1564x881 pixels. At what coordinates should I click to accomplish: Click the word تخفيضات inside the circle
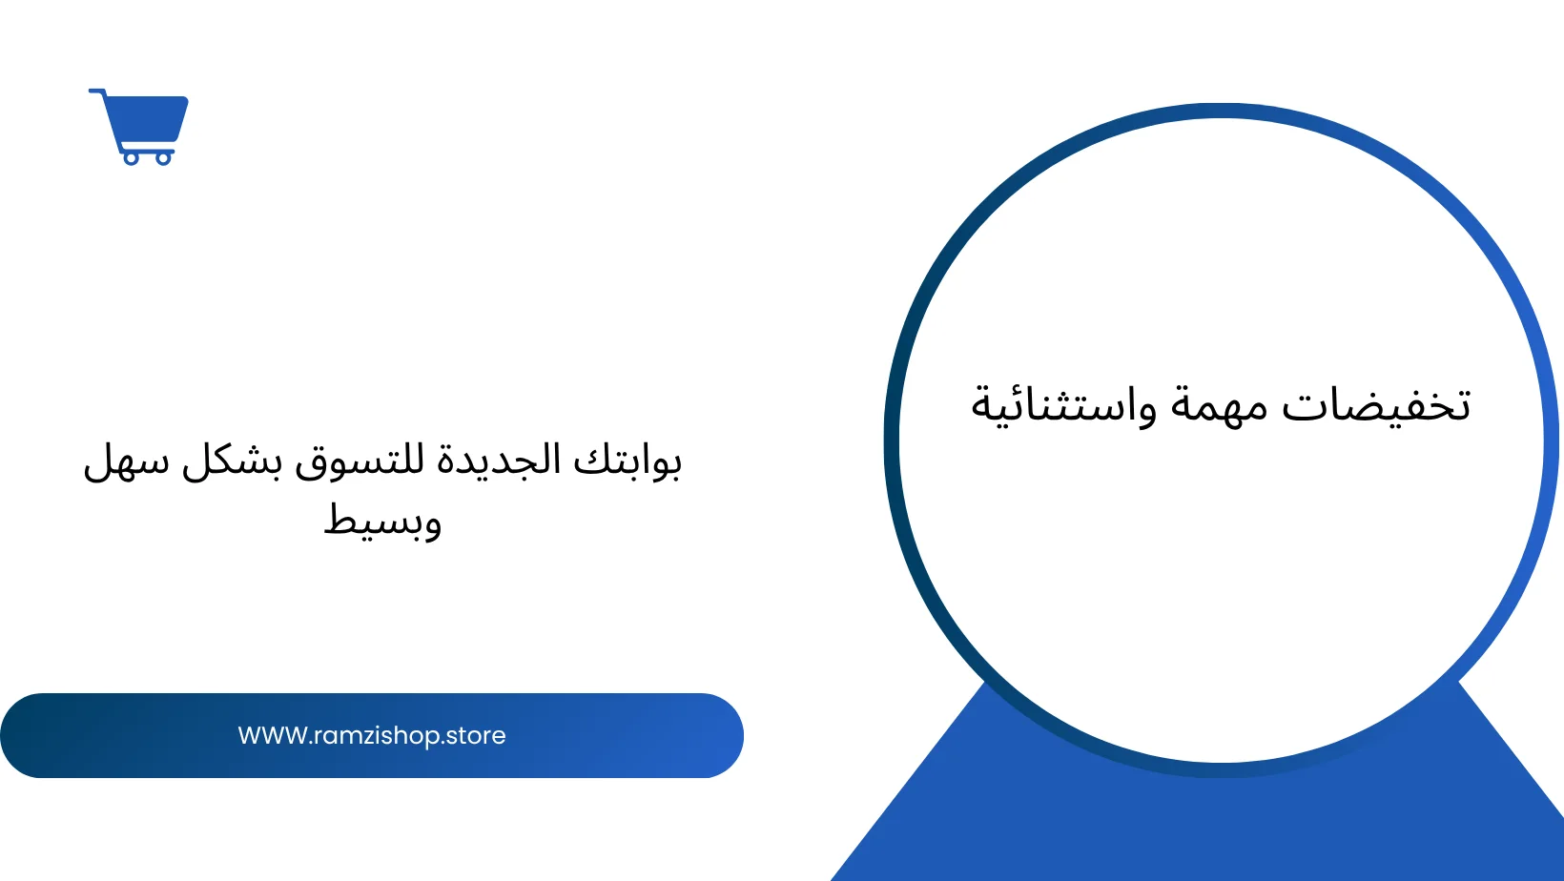[1376, 404]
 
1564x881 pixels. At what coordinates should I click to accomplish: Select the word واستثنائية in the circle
[1062, 405]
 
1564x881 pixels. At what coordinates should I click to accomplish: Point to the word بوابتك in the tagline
[627, 461]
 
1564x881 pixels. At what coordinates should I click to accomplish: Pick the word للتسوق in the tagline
[359, 461]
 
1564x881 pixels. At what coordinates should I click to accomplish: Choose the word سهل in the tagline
[127, 462]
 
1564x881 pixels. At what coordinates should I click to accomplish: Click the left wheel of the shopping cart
[132, 158]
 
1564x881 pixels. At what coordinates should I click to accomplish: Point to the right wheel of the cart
[163, 158]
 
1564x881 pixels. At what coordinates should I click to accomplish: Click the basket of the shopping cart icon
[147, 119]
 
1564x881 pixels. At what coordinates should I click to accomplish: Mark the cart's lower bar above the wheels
[146, 149]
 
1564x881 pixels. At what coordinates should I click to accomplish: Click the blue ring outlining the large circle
[891, 440]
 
